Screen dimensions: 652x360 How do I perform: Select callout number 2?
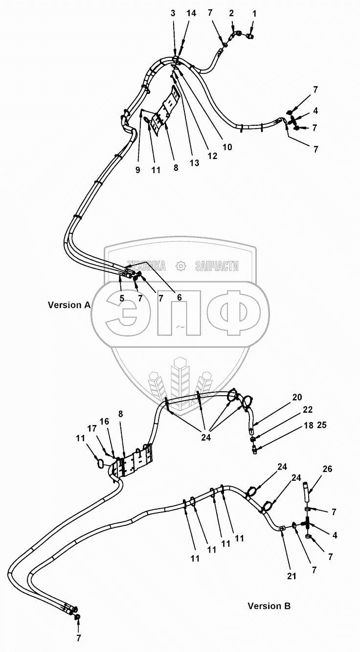pos(231,14)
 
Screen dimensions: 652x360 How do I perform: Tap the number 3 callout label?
pos(173,14)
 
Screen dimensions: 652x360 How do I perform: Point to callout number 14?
pos(191,14)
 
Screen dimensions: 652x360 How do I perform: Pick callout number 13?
pos(195,163)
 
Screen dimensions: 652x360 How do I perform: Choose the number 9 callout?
pos(137,170)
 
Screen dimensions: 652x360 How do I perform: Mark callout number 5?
pos(121,297)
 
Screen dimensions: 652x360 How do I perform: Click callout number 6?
pos(179,297)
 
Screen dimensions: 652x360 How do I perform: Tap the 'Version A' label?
pos(69,305)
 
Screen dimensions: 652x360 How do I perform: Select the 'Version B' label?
pos(269,606)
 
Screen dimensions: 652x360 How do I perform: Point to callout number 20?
pos(297,397)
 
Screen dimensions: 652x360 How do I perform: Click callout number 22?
pos(307,410)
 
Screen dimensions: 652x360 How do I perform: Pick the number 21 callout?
pos(292,576)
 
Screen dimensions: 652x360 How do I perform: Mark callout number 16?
pos(105,422)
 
